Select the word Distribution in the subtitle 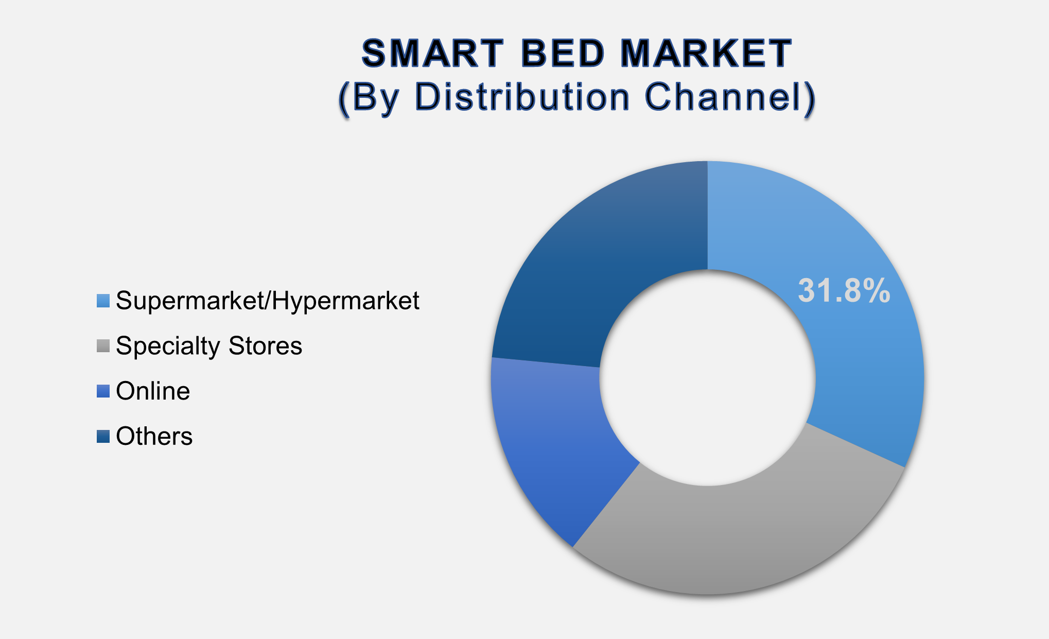522,97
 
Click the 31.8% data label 844,290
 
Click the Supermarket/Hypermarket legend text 268,301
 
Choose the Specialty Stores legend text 209,346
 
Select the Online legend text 153,391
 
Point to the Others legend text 154,437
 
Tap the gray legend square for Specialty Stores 103,346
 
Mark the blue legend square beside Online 103,391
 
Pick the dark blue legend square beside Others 103,437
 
